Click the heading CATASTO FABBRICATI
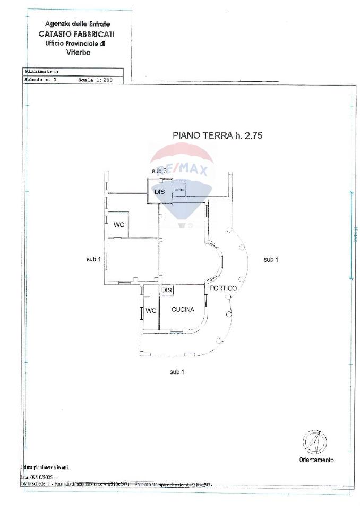coord(78,33)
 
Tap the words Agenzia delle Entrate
coord(78,24)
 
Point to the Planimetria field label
coord(41,71)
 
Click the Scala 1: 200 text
coord(96,80)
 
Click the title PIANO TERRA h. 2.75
coord(217,135)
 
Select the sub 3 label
coord(159,171)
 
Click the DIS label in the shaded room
coord(160,192)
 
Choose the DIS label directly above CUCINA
coord(166,290)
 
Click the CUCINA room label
coord(183,310)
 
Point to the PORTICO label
coord(223,288)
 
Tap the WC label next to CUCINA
coord(151,311)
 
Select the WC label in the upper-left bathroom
coord(119,225)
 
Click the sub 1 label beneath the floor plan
coord(177,372)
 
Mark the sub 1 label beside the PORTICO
coord(271,259)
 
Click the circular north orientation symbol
coord(314,441)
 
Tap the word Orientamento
coord(316,460)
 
